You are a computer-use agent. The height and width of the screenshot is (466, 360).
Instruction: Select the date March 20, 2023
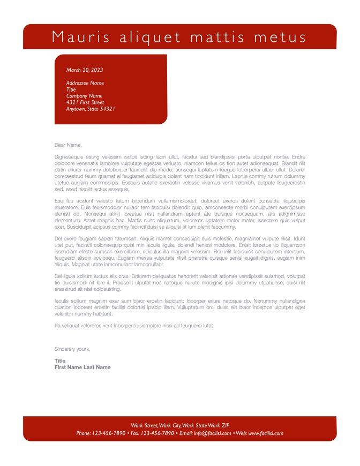click(85, 70)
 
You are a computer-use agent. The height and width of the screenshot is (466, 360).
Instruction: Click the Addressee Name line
click(85, 83)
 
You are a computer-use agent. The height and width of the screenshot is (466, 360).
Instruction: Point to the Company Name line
click(84, 96)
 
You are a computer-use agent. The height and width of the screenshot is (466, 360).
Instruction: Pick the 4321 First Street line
click(85, 102)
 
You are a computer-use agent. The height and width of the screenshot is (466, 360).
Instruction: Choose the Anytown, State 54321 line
click(91, 109)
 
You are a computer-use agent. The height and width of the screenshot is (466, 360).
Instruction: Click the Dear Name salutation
click(68, 145)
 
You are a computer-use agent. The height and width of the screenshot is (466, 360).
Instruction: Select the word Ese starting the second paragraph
click(59, 200)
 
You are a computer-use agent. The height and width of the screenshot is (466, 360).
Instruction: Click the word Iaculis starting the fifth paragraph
click(63, 301)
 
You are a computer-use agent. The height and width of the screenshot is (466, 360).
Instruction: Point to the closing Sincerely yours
click(72, 349)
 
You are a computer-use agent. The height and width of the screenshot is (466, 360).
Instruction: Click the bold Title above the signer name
click(60, 361)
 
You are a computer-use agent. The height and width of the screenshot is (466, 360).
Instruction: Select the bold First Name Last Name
click(82, 367)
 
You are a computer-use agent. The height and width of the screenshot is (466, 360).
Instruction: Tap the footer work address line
click(180, 425)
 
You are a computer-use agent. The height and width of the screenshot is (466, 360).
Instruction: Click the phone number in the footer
click(109, 433)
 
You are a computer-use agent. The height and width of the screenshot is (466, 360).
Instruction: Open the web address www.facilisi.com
click(266, 433)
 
